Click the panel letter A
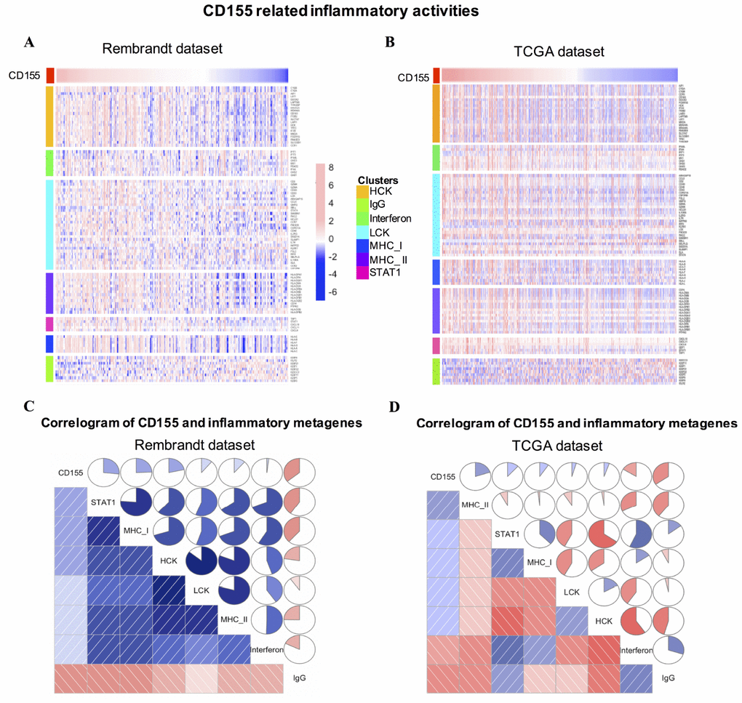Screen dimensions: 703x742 click(30, 42)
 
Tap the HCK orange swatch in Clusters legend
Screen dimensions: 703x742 click(362, 191)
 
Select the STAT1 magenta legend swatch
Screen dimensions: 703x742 click(362, 272)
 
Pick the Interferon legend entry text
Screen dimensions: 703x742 click(391, 218)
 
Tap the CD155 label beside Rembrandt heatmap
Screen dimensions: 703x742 click(23, 75)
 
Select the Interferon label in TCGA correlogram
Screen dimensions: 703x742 click(636, 645)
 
